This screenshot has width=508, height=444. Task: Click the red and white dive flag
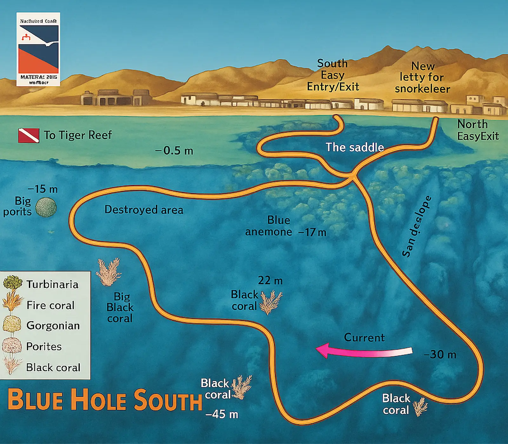pyautogui.click(x=29, y=135)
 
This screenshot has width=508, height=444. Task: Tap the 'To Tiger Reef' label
pyautogui.click(x=78, y=135)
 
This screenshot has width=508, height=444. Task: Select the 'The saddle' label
pyautogui.click(x=355, y=147)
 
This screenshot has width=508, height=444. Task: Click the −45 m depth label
pyautogui.click(x=222, y=414)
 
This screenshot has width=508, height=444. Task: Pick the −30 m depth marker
pyautogui.click(x=440, y=354)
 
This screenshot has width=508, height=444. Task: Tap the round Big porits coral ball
pyautogui.click(x=46, y=207)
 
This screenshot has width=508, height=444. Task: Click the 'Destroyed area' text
pyautogui.click(x=144, y=210)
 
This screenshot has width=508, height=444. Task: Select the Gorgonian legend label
pyautogui.click(x=53, y=326)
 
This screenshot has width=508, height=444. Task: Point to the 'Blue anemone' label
pyautogui.click(x=269, y=226)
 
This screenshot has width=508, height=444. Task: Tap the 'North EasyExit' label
pyautogui.click(x=478, y=130)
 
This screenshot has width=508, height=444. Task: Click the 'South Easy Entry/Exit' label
pyautogui.click(x=333, y=75)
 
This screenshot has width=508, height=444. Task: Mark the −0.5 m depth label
pyautogui.click(x=174, y=151)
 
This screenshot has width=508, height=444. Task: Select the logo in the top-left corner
pyautogui.click(x=38, y=49)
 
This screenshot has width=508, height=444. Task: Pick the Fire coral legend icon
pyautogui.click(x=13, y=304)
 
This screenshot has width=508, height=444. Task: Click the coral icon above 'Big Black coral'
pyautogui.click(x=109, y=271)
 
